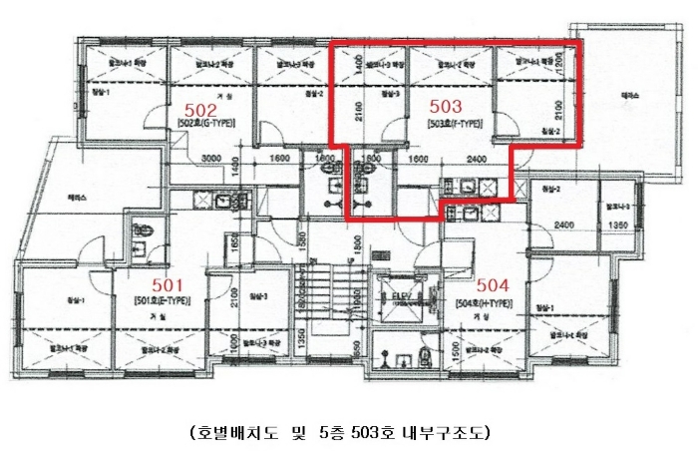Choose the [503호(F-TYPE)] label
(x=456, y=124)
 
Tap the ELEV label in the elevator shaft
(x=403, y=296)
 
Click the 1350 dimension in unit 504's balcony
(x=617, y=226)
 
